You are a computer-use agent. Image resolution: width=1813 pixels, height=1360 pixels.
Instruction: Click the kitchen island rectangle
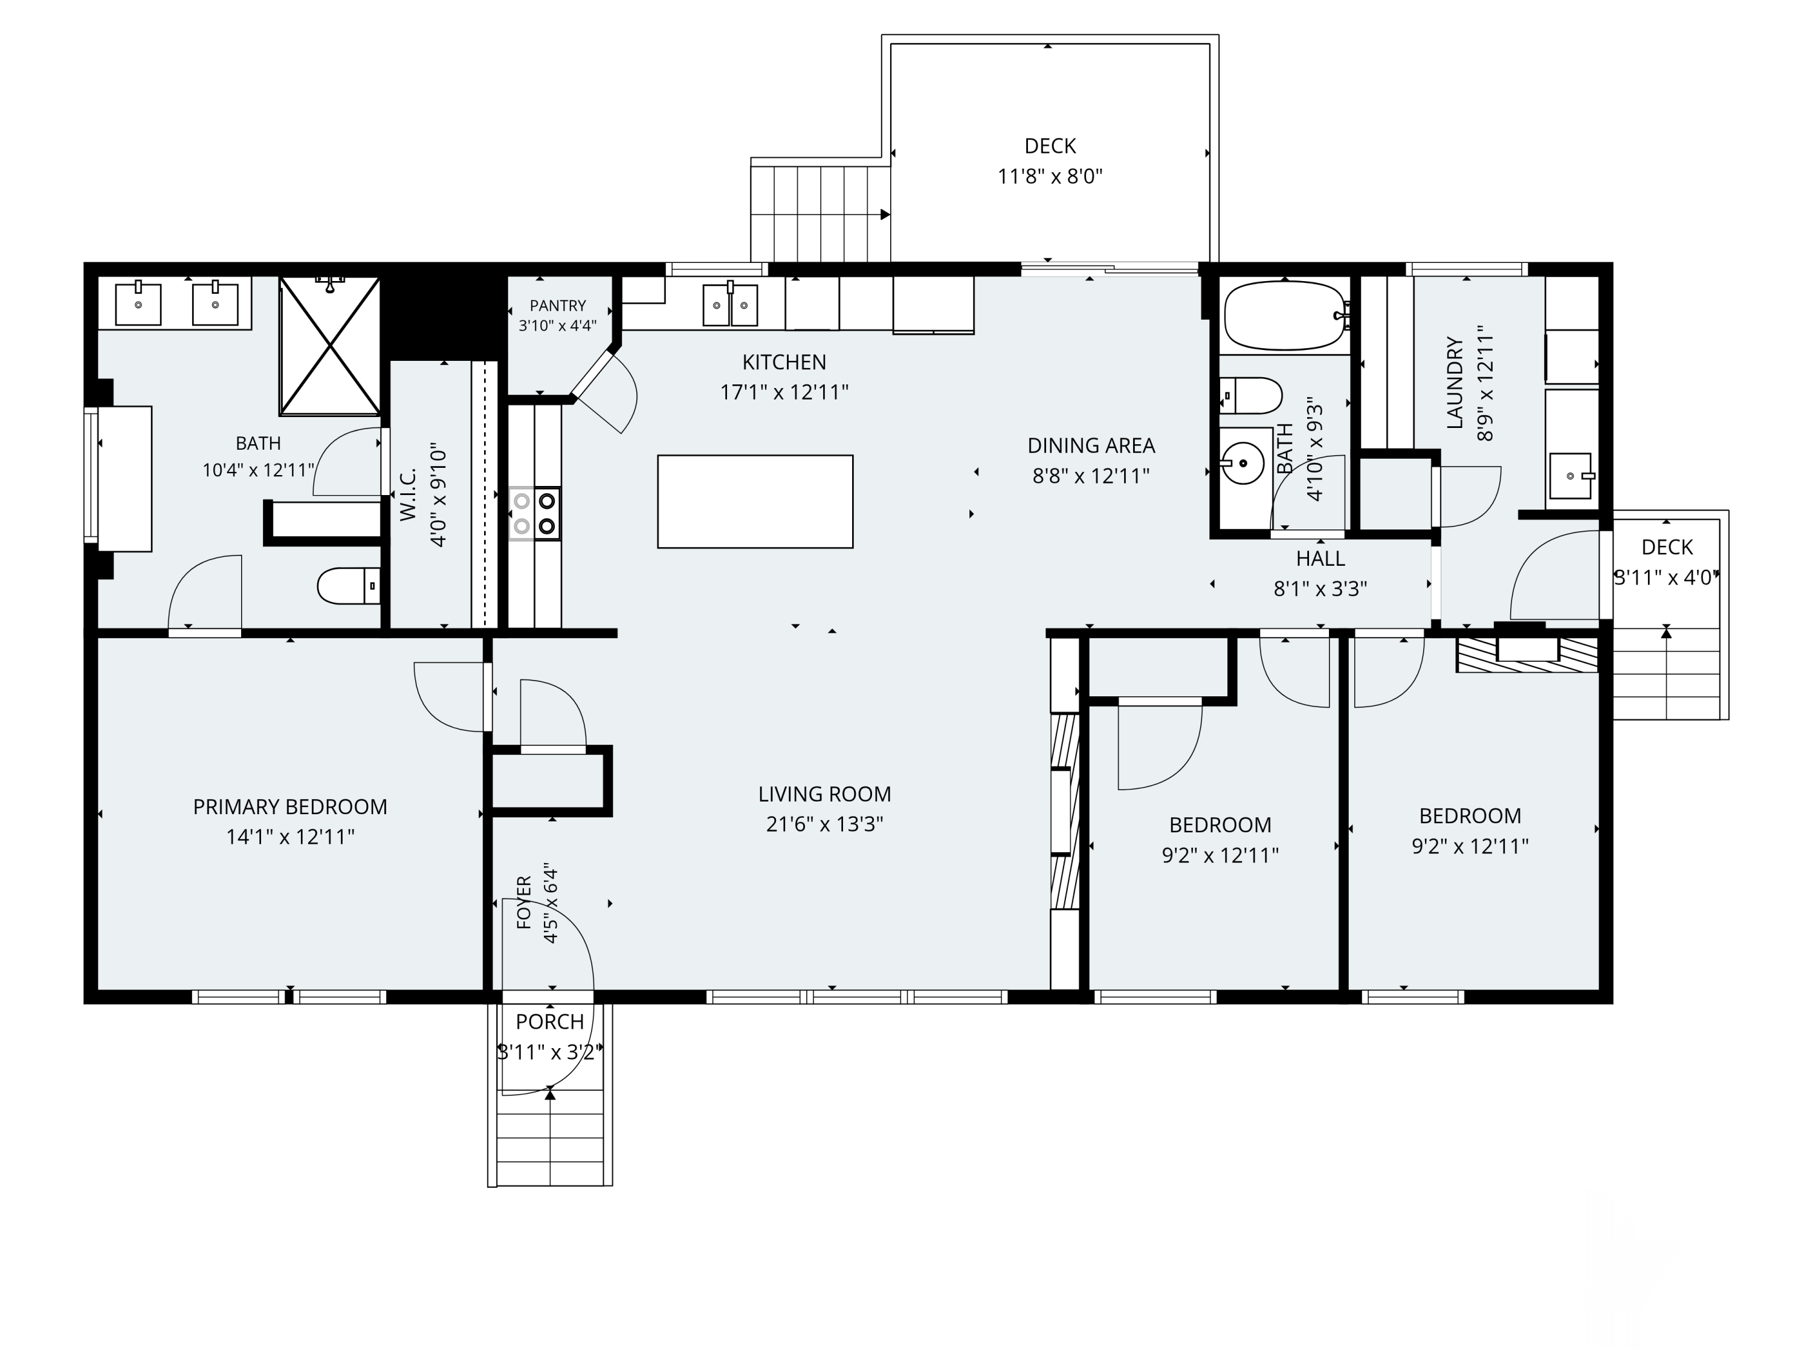[755, 502]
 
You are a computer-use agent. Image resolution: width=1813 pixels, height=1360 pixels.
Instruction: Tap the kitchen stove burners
[534, 513]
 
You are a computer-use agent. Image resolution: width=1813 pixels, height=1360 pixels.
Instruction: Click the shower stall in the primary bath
[329, 346]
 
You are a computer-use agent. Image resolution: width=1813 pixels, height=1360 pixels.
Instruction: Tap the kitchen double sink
[729, 304]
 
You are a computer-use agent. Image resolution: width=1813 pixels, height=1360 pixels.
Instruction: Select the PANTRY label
[557, 306]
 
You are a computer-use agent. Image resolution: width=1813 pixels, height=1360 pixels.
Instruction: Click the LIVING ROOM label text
[824, 794]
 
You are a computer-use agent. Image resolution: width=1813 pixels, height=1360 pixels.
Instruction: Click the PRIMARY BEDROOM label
[290, 807]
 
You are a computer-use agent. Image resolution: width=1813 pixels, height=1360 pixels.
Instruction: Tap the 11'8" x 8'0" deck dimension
[1050, 176]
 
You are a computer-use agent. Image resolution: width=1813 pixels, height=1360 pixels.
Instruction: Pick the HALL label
[1320, 559]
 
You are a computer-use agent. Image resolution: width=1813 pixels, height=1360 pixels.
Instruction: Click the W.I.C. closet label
[408, 494]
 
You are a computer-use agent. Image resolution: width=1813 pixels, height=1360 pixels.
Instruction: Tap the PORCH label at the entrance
[550, 1022]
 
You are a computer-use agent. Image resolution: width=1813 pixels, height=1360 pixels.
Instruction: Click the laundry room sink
[1569, 476]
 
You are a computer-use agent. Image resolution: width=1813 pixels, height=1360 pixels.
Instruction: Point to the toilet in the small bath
[1251, 395]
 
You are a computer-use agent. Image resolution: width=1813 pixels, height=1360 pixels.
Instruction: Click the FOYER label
[525, 902]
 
